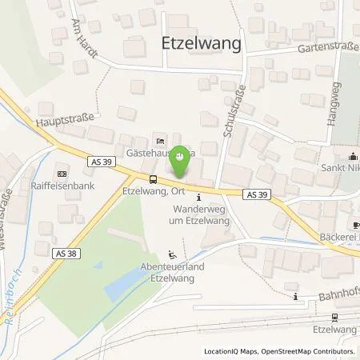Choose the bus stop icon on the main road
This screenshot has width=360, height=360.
152,178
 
